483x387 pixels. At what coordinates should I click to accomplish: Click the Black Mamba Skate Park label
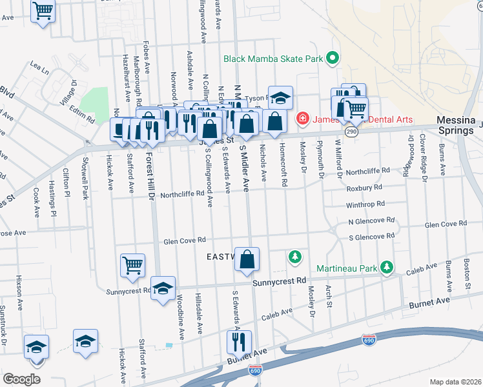272,59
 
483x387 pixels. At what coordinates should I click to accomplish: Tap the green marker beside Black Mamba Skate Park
333,59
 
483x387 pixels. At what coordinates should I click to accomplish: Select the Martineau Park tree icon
387,267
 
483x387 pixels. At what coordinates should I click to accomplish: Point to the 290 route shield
351,131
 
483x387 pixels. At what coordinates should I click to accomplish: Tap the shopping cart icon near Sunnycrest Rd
132,264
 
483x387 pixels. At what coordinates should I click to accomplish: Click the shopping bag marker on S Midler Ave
247,259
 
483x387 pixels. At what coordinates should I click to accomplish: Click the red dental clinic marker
302,119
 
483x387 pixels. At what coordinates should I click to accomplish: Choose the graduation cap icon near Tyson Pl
280,98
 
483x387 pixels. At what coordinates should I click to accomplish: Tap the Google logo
21,379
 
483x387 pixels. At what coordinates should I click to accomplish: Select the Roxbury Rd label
364,187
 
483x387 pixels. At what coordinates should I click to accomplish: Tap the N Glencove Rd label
371,221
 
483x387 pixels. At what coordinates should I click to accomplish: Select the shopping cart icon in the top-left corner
43,10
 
